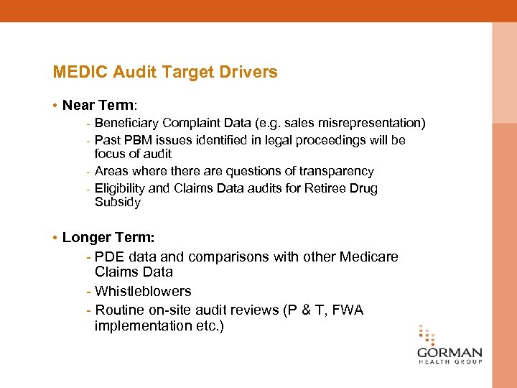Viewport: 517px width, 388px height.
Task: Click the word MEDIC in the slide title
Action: pyautogui.click(x=75, y=73)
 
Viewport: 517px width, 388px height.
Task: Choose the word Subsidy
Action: pyautogui.click(x=118, y=202)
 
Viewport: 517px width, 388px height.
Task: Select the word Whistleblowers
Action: pyautogui.click(x=143, y=291)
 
